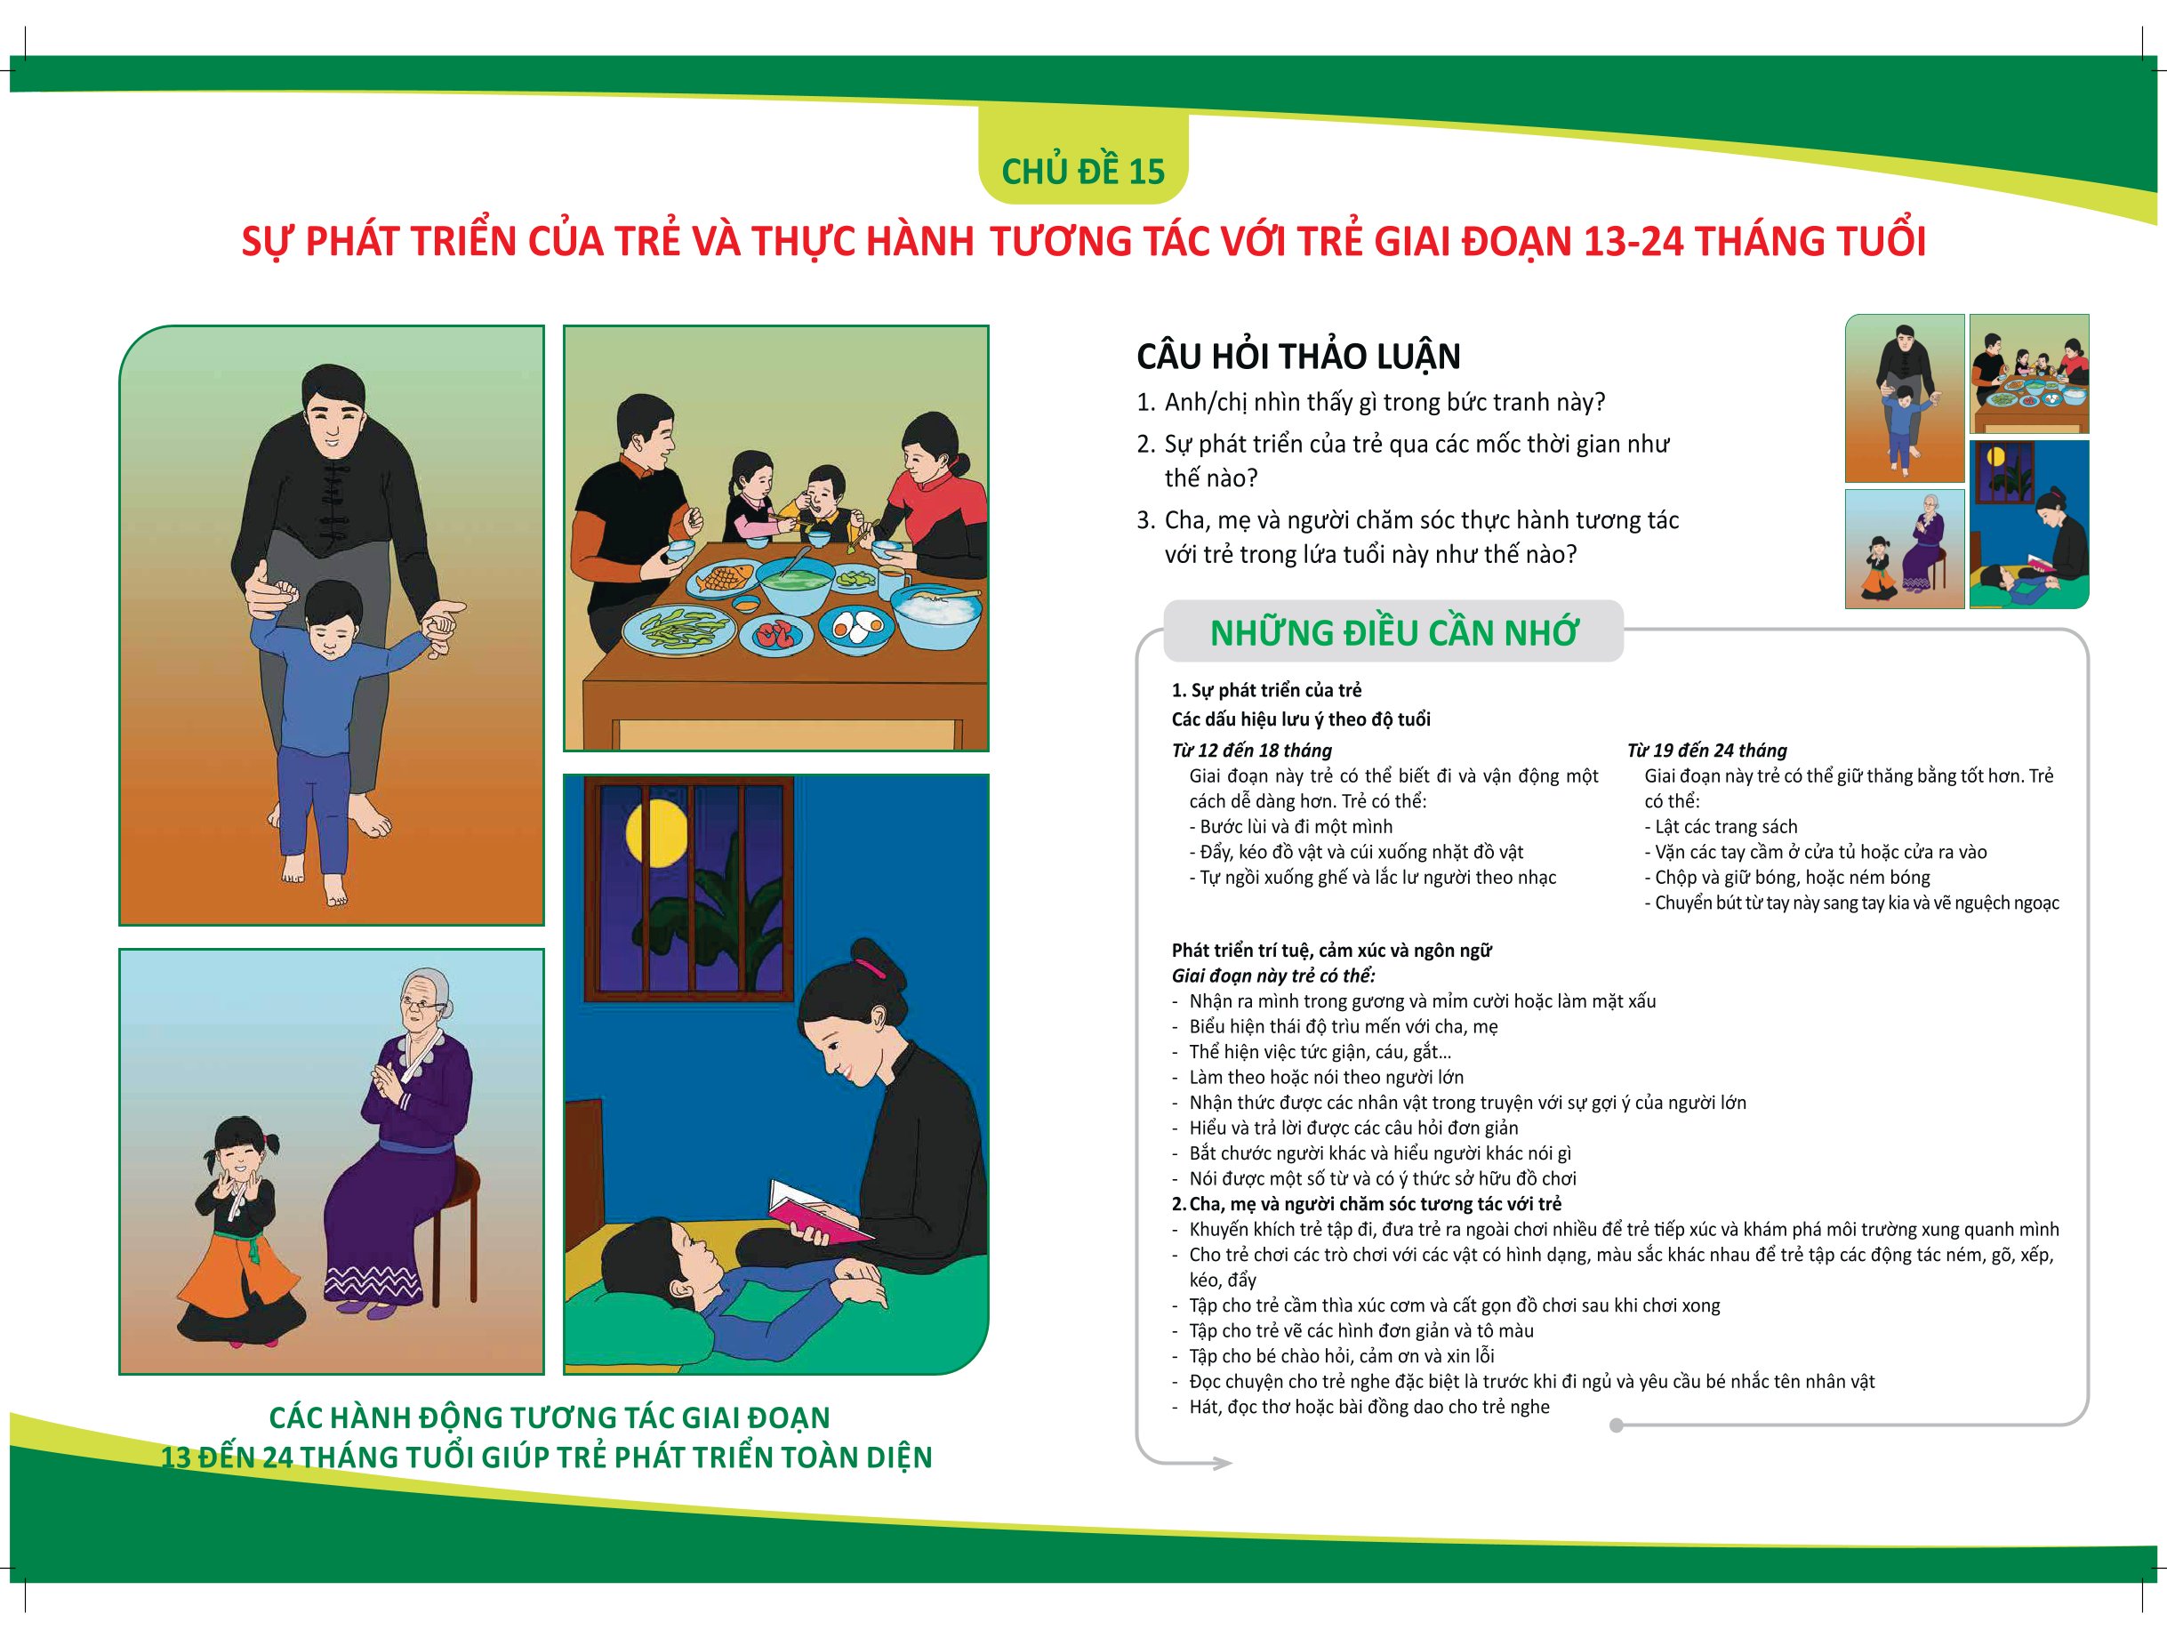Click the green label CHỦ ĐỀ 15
[1082, 172]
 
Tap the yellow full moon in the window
[655, 831]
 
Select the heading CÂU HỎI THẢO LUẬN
[1298, 357]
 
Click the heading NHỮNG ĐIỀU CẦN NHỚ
[1393, 633]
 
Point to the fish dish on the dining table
[724, 580]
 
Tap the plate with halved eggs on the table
[857, 628]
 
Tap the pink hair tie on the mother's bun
[869, 969]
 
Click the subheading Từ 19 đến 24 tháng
[1706, 751]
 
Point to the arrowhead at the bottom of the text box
[1223, 1464]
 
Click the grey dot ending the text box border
[1616, 1425]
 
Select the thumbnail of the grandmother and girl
[1905, 549]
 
